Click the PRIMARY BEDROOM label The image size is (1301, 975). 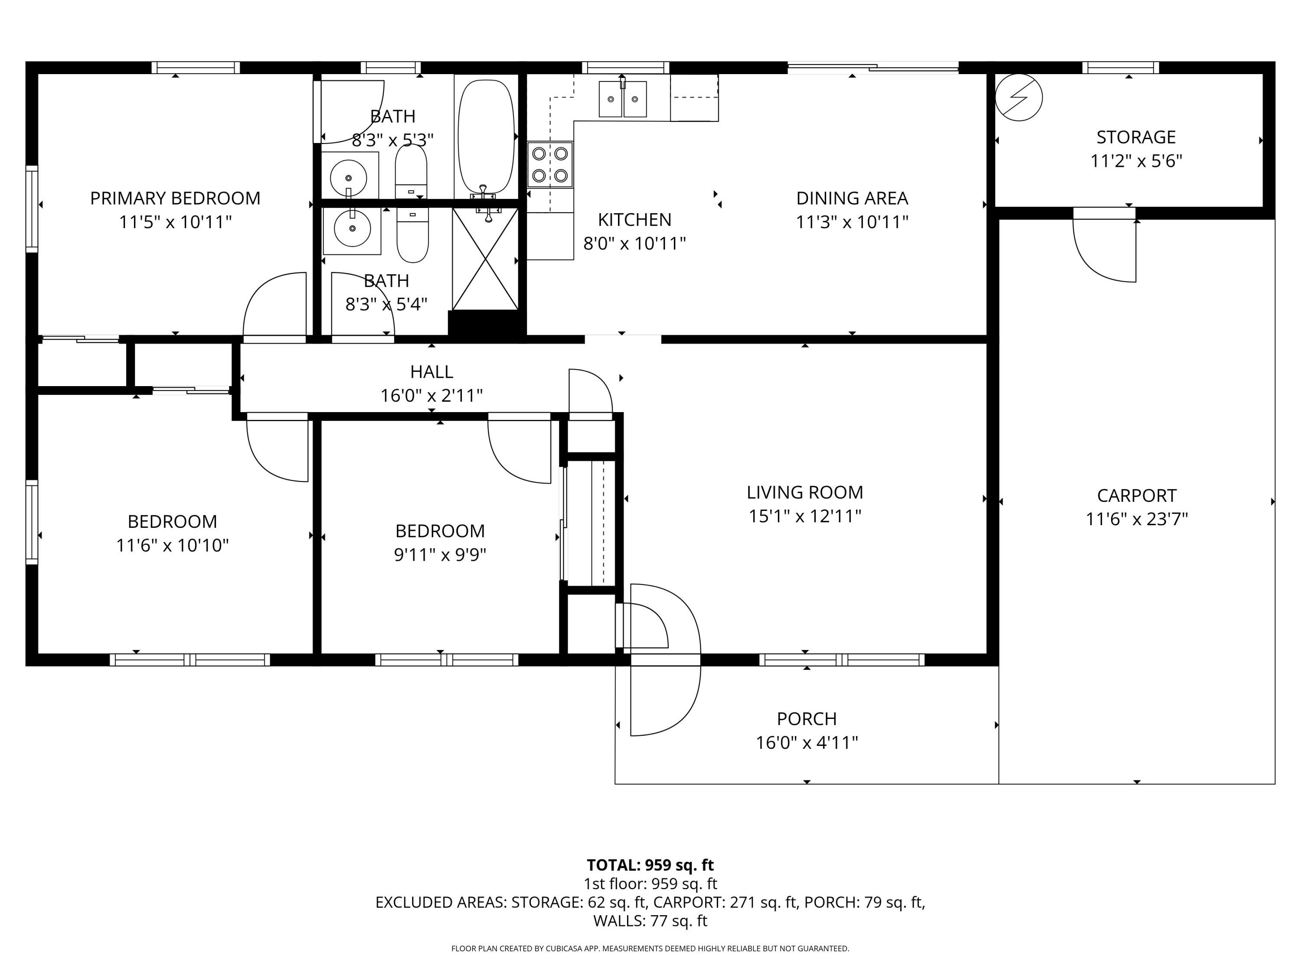click(175, 198)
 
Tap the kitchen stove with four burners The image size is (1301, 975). click(549, 165)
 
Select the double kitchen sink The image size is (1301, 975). click(622, 99)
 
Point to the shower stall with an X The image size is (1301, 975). click(485, 259)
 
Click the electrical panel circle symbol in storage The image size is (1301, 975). click(1018, 97)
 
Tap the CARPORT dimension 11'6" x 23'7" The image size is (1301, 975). click(1136, 520)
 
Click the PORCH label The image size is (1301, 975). click(806, 719)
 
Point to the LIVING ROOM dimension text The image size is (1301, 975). click(804, 516)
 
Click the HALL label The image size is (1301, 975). click(431, 371)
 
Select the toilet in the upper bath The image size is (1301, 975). click(411, 170)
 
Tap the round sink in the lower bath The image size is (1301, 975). click(352, 227)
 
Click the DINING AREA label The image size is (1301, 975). click(852, 198)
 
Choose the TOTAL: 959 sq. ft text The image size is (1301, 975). click(650, 865)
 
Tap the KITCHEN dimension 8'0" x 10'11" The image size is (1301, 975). click(634, 243)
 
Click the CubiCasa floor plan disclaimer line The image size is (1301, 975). click(650, 949)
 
